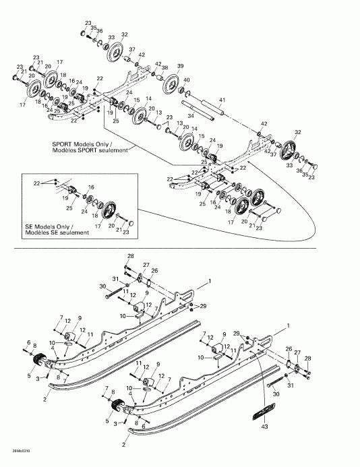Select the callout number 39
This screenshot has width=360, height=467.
pyautogui.click(x=180, y=65)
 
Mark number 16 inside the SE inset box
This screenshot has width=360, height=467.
pyautogui.click(x=91, y=187)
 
